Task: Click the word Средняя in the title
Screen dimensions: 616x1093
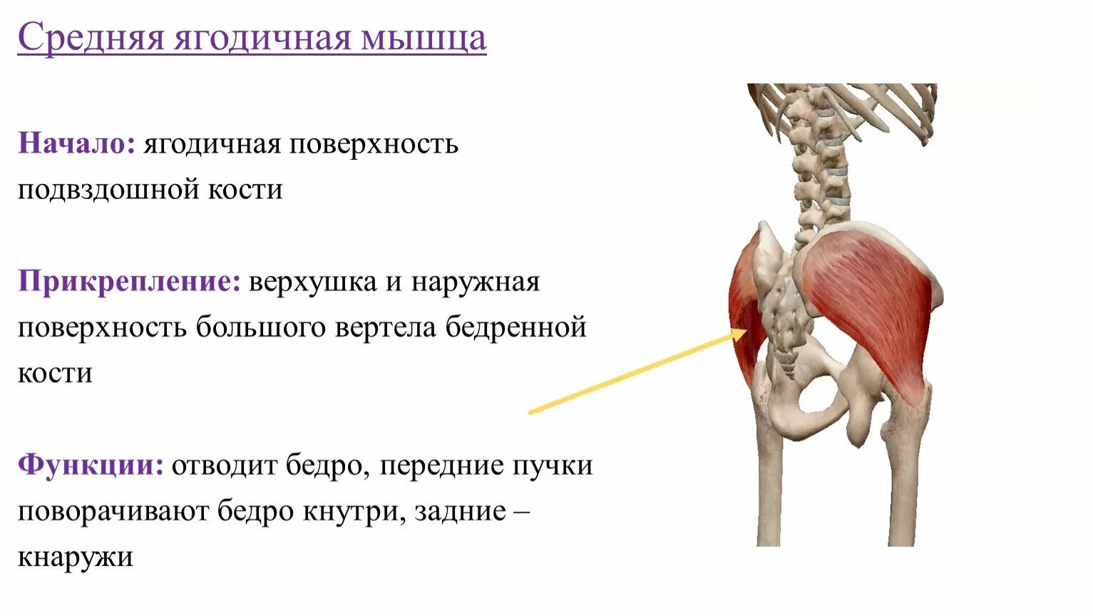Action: pos(92,38)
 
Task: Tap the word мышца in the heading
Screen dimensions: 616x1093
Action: pos(424,38)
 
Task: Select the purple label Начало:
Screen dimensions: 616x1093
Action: pos(76,144)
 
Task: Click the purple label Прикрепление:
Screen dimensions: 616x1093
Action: pos(129,282)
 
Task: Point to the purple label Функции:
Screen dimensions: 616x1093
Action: pos(91,466)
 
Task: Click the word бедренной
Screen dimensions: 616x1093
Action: pos(516,328)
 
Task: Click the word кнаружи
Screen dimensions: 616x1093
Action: pos(75,557)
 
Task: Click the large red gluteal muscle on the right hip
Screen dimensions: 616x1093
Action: pos(870,299)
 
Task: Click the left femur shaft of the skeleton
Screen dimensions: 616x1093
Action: pos(770,485)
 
